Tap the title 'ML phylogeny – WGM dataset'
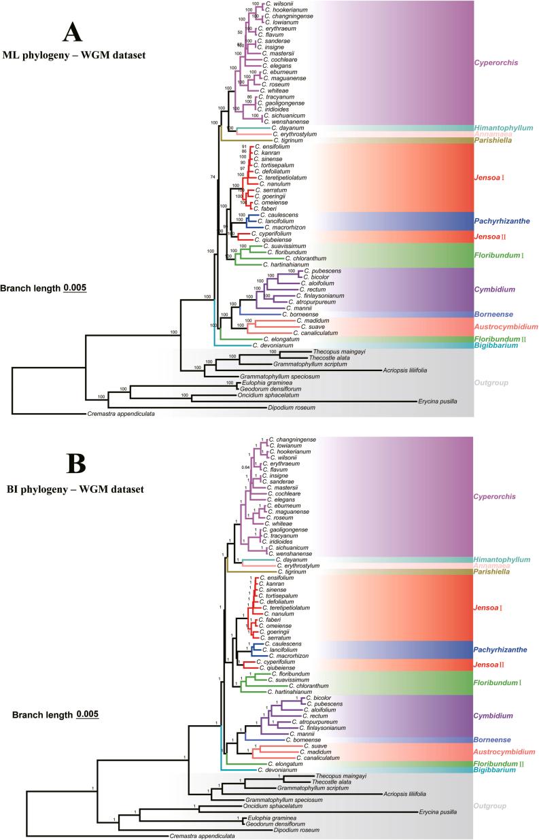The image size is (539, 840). [x=75, y=55]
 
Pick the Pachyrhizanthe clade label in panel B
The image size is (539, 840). [x=501, y=650]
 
